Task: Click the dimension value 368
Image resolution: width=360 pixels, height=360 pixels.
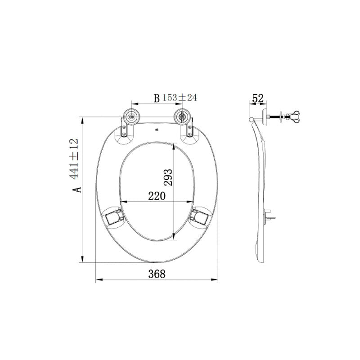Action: pyautogui.click(x=157, y=273)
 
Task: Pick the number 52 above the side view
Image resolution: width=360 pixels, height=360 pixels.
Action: pyautogui.click(x=258, y=98)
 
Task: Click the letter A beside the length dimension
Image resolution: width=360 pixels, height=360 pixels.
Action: pyautogui.click(x=77, y=189)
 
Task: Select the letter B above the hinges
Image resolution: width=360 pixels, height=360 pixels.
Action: pyautogui.click(x=157, y=98)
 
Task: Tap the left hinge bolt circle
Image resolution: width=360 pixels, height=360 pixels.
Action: pyautogui.click(x=131, y=117)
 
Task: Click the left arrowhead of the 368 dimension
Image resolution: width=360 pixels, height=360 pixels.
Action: pyautogui.click(x=99, y=279)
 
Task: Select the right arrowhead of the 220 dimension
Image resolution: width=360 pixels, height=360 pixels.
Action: pyautogui.click(x=191, y=201)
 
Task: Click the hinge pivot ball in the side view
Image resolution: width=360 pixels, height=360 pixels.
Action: pyautogui.click(x=252, y=119)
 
